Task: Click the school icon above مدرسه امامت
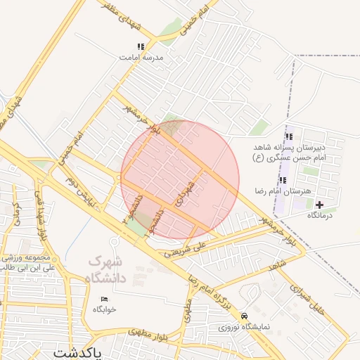(x=141, y=47)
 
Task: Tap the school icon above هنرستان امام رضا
(x=283, y=180)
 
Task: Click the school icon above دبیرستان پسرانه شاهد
(x=288, y=136)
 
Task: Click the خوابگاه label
(x=105, y=309)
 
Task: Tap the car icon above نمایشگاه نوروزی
(x=244, y=316)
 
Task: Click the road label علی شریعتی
(x=186, y=247)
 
